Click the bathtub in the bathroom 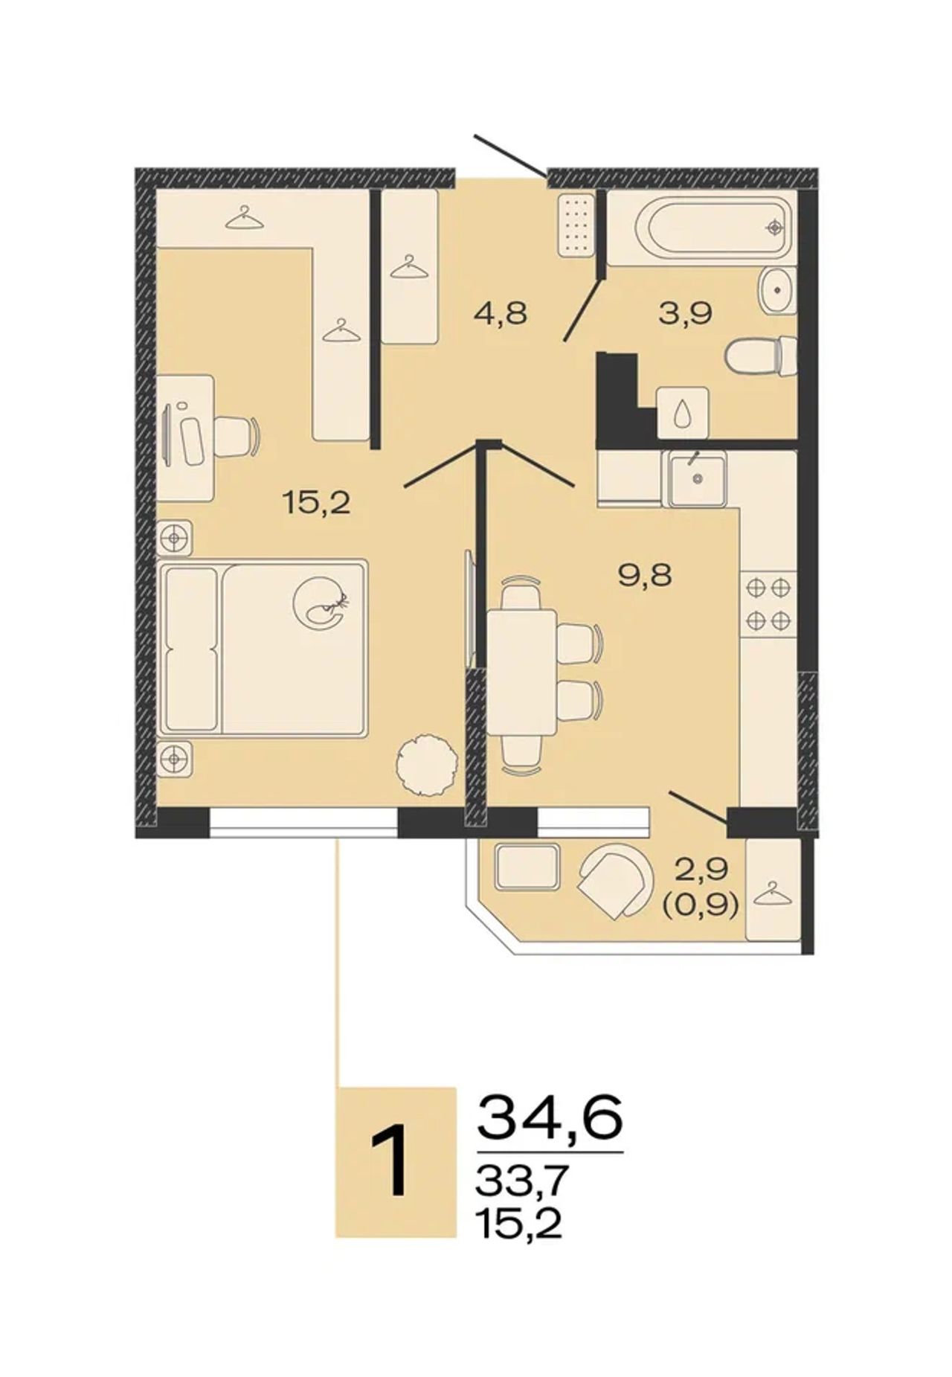click(x=702, y=227)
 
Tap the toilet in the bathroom click(x=761, y=356)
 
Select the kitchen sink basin click(x=697, y=479)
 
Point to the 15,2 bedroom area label click(x=315, y=504)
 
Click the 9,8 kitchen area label click(x=646, y=575)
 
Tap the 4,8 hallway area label click(x=501, y=313)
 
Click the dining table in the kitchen click(x=522, y=672)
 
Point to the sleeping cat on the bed click(x=322, y=602)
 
